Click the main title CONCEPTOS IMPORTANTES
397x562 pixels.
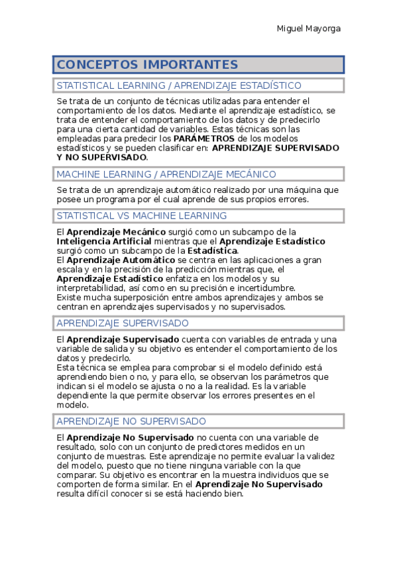coord(147,64)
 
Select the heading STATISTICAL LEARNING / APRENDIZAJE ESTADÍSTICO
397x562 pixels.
coord(179,85)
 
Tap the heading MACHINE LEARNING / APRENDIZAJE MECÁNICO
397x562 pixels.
coord(166,174)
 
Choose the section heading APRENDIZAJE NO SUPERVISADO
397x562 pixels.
coord(131,421)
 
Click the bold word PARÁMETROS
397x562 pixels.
coord(204,139)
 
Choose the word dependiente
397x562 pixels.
coord(84,395)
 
